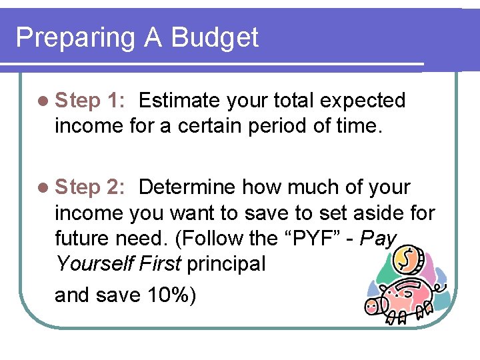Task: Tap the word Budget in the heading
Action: point(215,37)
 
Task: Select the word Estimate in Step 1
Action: point(180,101)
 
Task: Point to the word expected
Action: point(363,101)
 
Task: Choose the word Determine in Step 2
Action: point(187,187)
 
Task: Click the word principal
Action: point(226,264)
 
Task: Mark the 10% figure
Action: point(165,295)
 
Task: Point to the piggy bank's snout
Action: point(371,306)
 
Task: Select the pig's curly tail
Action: point(441,287)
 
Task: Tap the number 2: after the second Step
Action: point(115,187)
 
